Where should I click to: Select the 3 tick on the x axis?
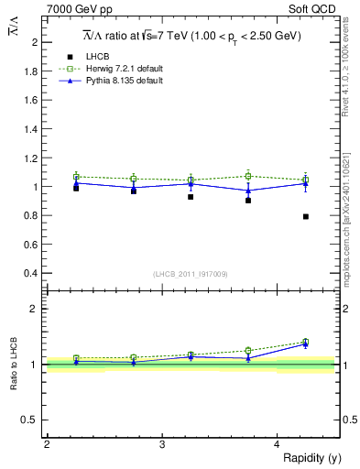(162, 445)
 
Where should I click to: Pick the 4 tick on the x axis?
(278, 445)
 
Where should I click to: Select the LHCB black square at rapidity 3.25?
(191, 197)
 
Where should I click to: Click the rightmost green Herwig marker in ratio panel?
(306, 342)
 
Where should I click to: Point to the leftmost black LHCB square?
(76, 188)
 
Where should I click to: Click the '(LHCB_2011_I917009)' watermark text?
(191, 274)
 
